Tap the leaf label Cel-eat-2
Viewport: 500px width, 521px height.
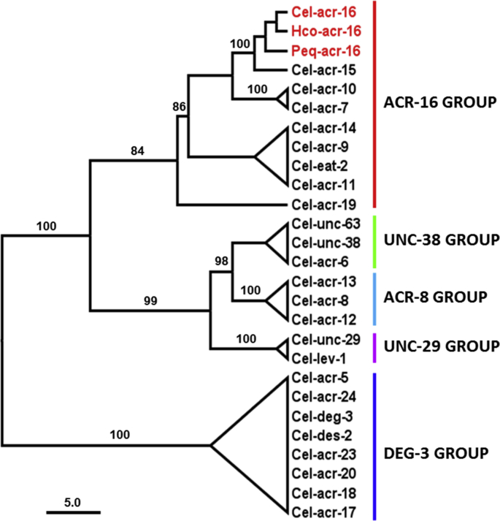coord(315,166)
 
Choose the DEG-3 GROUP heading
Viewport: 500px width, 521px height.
coord(434,453)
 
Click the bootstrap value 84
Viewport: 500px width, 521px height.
coord(138,151)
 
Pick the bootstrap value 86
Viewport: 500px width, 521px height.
coord(179,108)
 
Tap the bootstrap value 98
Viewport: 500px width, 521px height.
coord(221,261)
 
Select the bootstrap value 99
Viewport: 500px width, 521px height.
coord(151,299)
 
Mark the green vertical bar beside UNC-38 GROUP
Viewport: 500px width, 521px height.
coord(374,240)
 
